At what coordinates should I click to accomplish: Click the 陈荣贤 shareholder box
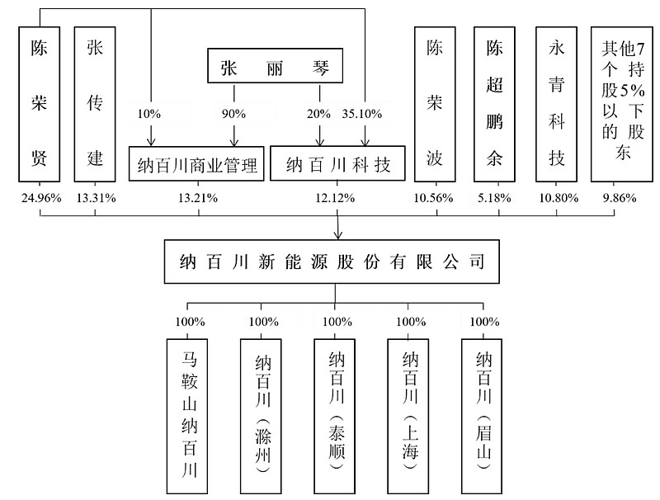(x=39, y=104)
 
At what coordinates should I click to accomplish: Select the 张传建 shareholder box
(x=95, y=104)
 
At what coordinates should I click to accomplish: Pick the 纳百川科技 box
(x=337, y=165)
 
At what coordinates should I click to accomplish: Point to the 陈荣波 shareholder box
(x=435, y=104)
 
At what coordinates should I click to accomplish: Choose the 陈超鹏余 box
(x=494, y=104)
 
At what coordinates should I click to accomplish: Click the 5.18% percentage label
(x=494, y=198)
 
